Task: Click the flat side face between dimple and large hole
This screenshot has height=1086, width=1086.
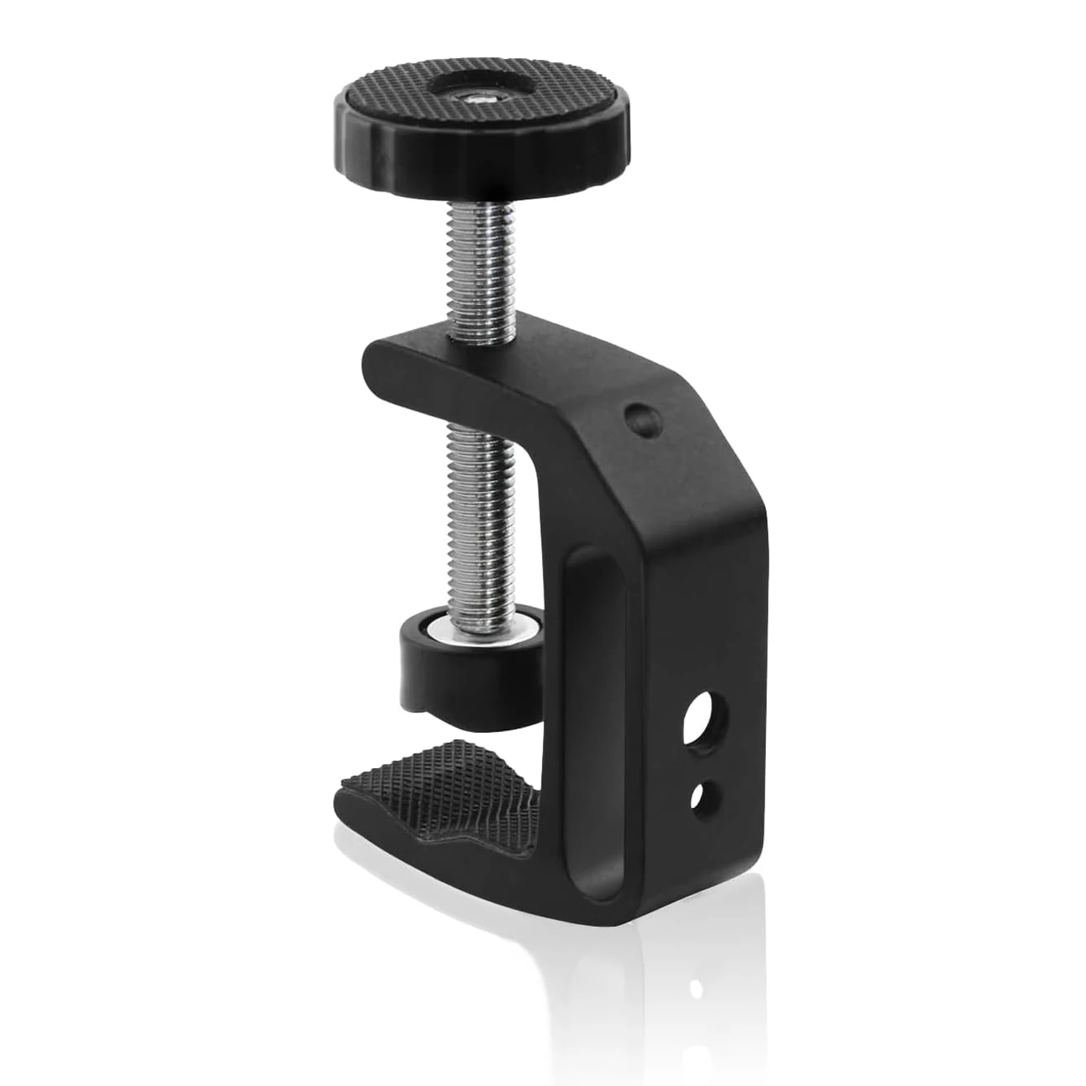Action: [695, 579]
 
